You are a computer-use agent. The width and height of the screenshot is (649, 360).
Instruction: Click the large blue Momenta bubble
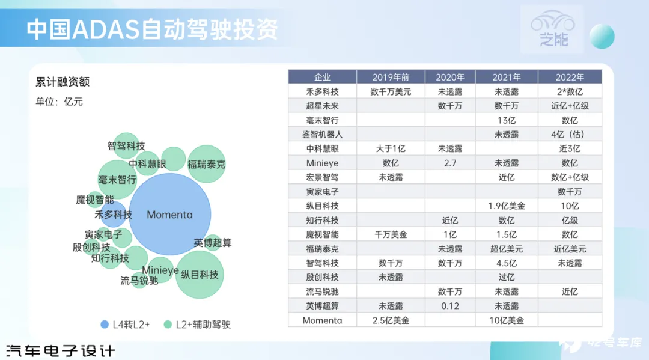(169, 214)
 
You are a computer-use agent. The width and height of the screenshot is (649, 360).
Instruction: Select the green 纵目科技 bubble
(200, 274)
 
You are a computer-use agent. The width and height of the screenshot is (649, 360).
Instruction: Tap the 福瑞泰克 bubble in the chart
(206, 164)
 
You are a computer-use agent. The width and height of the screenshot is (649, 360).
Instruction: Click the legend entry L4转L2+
(126, 325)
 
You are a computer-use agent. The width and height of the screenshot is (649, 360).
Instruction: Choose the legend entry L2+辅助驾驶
(198, 325)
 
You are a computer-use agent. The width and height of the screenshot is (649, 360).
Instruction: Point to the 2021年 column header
(506, 77)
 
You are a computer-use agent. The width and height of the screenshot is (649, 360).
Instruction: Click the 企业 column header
(322, 77)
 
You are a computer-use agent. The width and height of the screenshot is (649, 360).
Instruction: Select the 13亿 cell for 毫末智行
(506, 120)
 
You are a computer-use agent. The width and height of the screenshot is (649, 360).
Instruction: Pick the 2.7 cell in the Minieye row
(450, 163)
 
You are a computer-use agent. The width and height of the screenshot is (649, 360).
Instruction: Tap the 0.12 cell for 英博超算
(450, 306)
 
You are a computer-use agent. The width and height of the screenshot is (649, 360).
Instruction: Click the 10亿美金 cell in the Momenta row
(506, 320)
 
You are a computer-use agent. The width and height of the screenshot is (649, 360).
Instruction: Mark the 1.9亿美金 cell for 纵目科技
(506, 206)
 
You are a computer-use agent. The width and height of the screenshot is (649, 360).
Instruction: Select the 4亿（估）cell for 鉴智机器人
(570, 135)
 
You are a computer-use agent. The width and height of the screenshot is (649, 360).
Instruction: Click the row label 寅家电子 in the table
(322, 192)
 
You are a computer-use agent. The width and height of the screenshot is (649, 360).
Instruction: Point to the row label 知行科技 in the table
(322, 220)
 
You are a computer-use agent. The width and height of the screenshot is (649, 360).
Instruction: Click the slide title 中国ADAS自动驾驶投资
(152, 29)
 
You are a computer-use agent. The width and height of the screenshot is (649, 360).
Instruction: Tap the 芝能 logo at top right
(553, 28)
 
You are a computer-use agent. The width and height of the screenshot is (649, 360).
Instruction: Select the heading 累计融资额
(62, 82)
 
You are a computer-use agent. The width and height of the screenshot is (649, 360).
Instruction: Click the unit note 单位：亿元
(59, 102)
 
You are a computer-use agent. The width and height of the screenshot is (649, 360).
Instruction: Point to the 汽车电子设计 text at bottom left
(61, 351)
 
